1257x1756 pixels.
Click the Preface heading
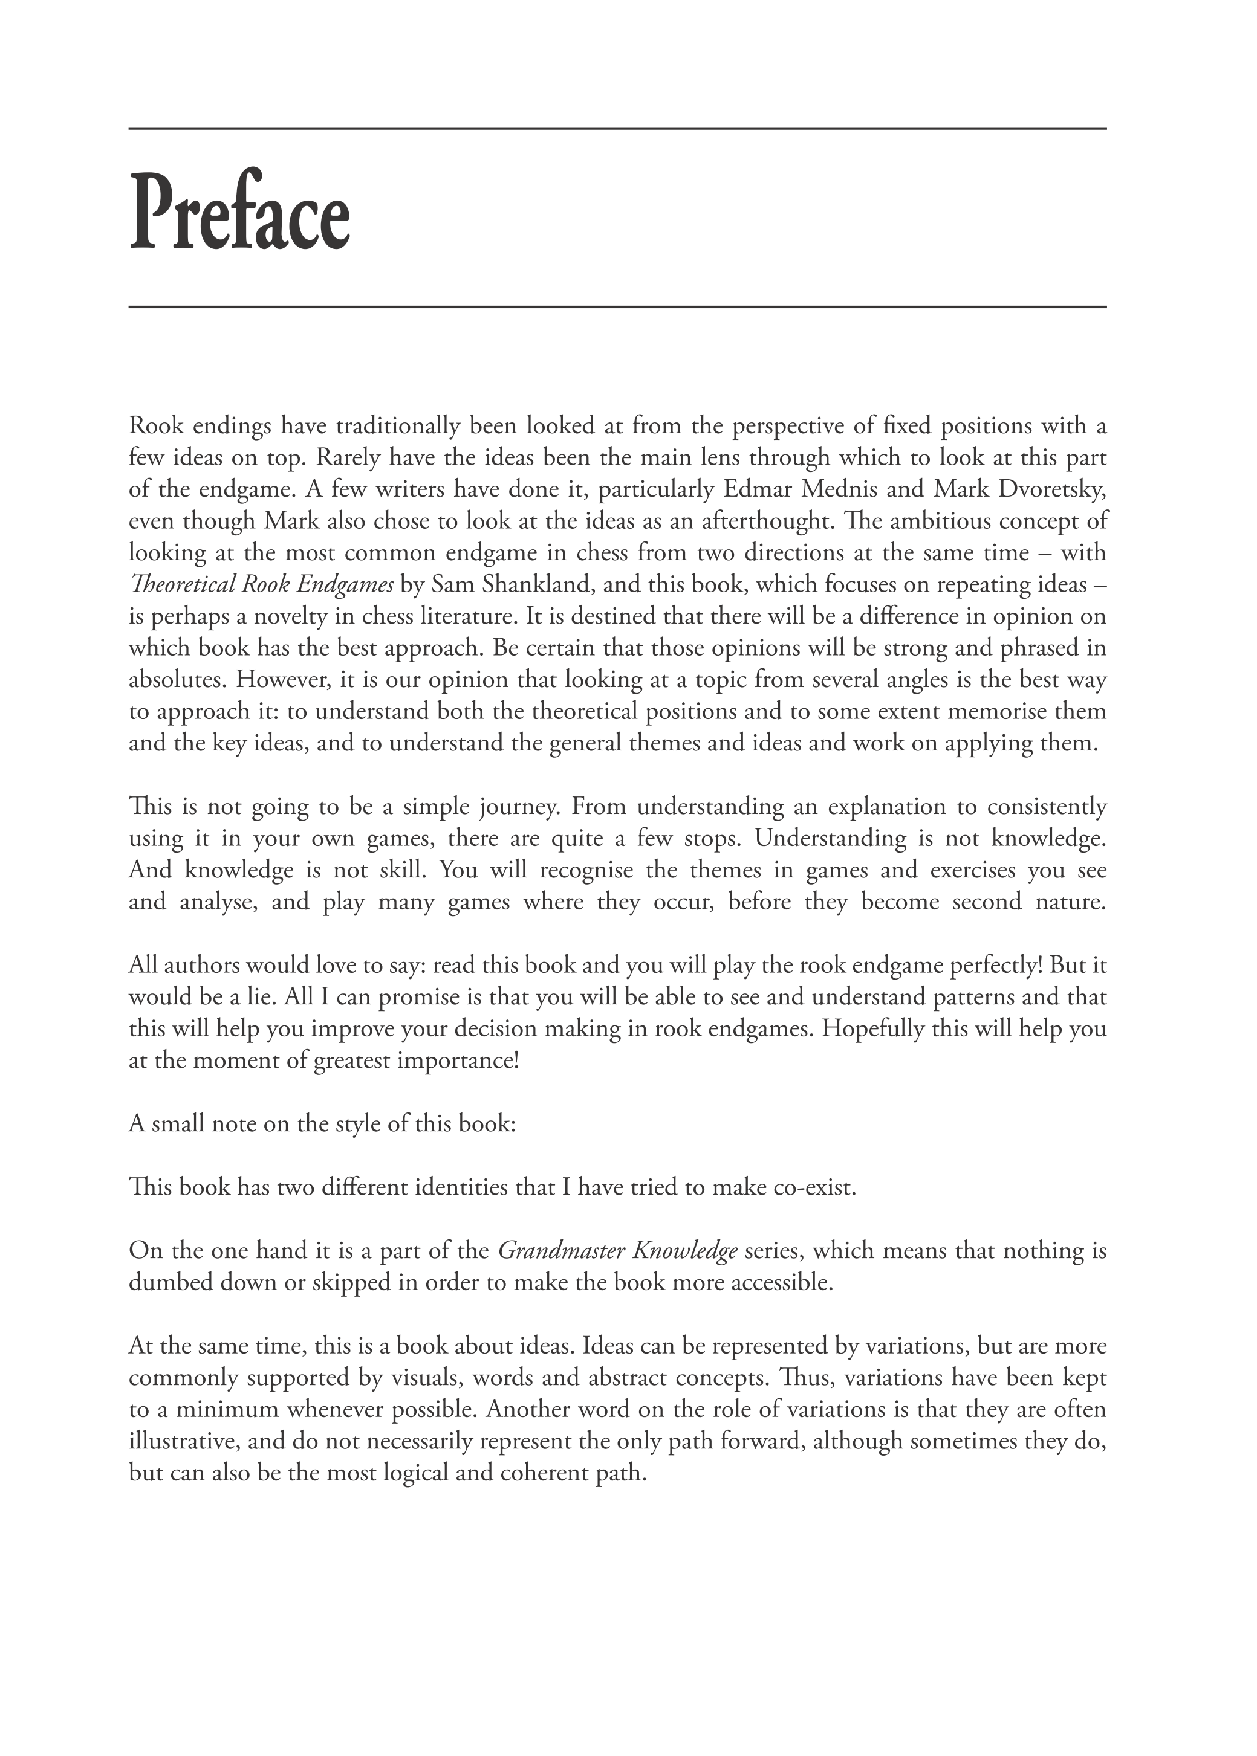[x=239, y=212]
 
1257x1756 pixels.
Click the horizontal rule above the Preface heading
[x=617, y=129]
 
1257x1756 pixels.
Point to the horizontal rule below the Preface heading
[x=617, y=307]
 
